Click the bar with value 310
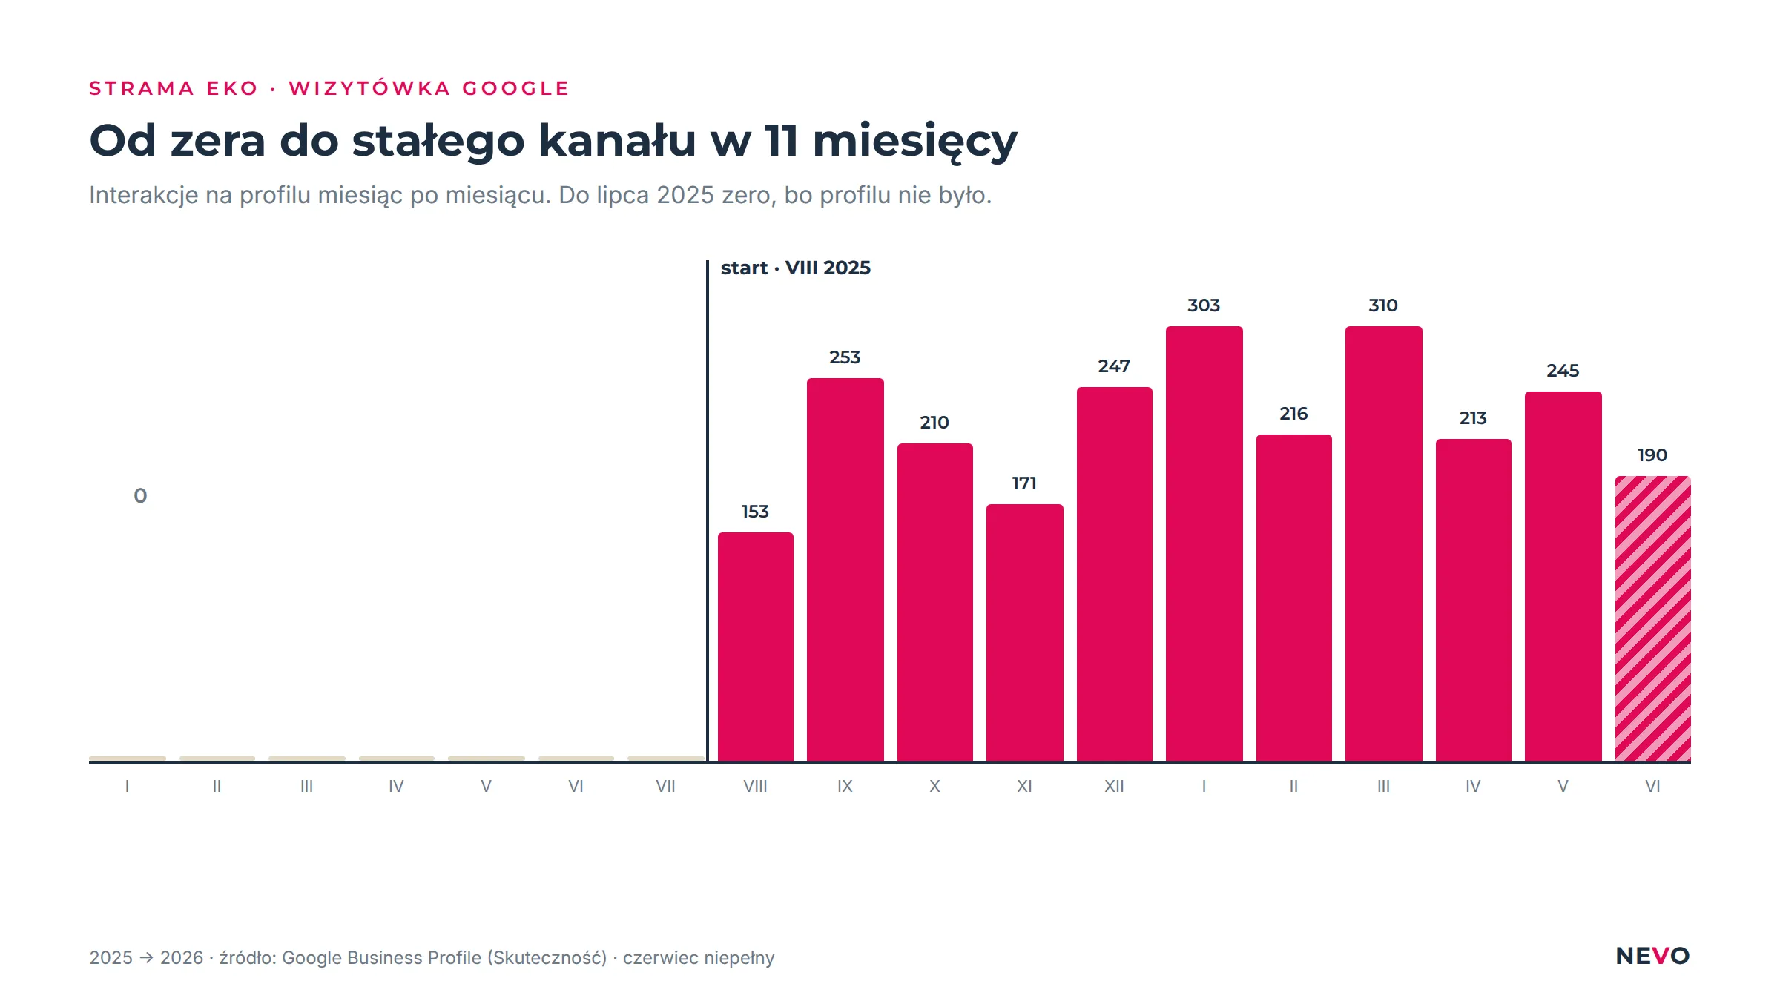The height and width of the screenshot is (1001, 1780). (x=1383, y=544)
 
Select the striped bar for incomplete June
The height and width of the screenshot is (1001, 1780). (x=1652, y=618)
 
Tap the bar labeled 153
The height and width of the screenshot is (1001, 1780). (x=755, y=647)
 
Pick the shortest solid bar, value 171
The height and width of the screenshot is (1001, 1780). (x=1024, y=632)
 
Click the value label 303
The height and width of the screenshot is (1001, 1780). (x=1204, y=305)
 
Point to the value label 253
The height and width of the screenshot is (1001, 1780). (x=845, y=357)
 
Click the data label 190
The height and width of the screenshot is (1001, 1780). (x=1652, y=455)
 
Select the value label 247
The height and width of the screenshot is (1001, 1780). (x=1114, y=366)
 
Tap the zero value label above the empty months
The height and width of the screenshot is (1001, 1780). (x=140, y=496)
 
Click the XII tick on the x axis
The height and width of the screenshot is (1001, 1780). (x=1114, y=786)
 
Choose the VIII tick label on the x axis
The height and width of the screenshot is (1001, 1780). (x=755, y=786)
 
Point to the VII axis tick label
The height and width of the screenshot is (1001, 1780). (x=665, y=786)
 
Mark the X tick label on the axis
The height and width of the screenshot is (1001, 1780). (x=934, y=786)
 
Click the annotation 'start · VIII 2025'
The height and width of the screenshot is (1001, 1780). (x=796, y=268)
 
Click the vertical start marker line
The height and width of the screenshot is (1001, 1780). (x=708, y=510)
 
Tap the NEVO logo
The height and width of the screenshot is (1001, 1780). (x=1652, y=956)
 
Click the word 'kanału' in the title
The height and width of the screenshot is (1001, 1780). (x=617, y=140)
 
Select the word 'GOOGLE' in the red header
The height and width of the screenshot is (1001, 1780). (x=515, y=88)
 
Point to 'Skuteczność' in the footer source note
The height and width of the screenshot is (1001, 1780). (x=547, y=958)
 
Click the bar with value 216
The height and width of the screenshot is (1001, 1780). (x=1293, y=598)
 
